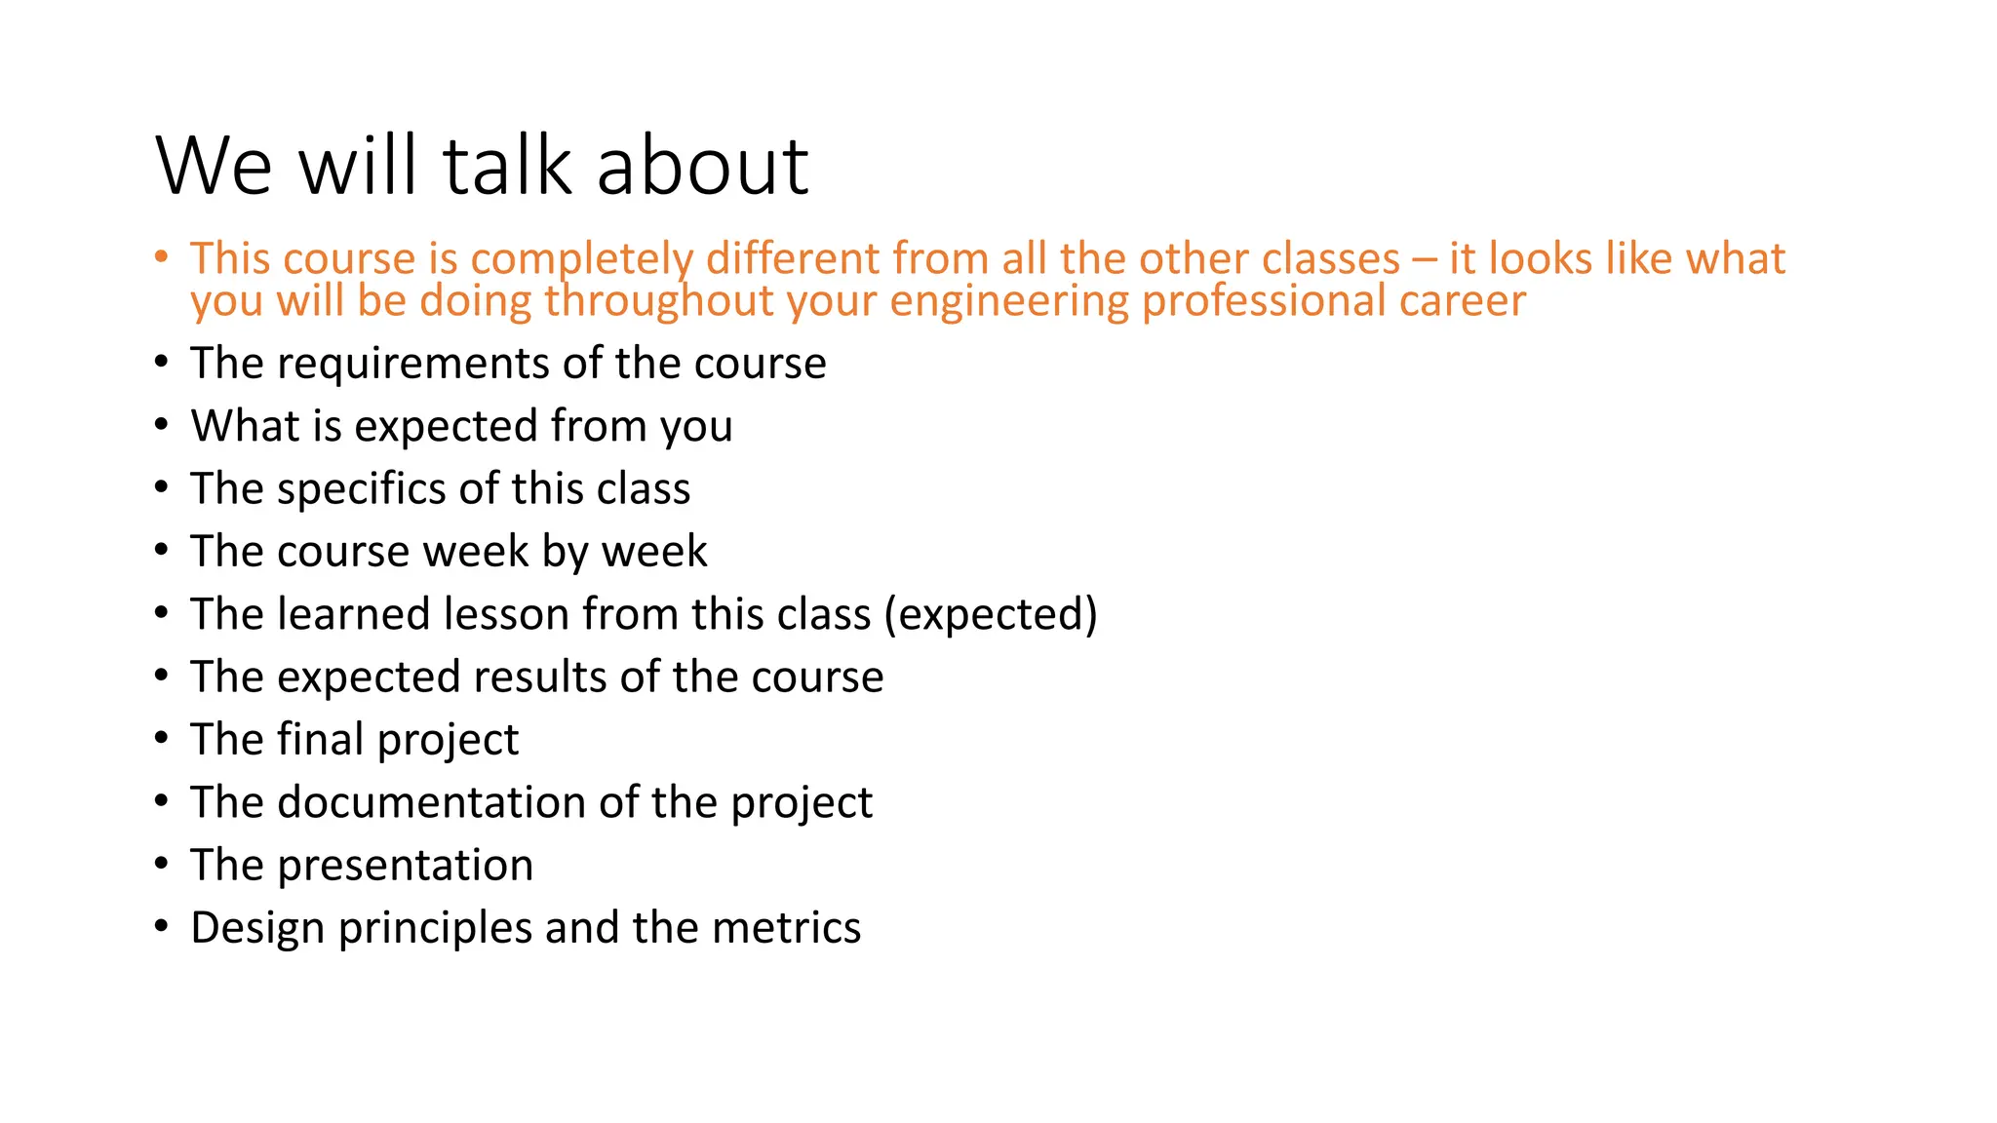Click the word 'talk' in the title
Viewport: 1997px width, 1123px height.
(x=506, y=166)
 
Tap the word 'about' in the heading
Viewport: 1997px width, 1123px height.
(x=702, y=166)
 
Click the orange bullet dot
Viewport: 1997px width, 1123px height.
(x=162, y=257)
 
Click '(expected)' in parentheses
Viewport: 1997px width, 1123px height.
(x=991, y=615)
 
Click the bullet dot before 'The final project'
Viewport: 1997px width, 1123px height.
(x=162, y=738)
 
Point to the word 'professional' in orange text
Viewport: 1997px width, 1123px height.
(x=1263, y=301)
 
